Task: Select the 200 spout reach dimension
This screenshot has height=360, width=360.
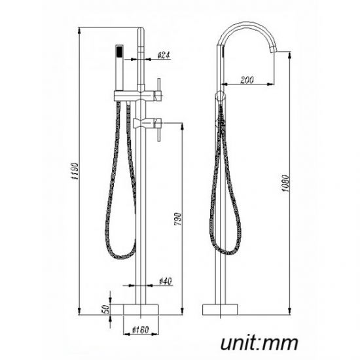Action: (247, 80)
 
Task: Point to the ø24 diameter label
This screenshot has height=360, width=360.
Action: (164, 56)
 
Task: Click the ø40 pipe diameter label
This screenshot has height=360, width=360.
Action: (166, 281)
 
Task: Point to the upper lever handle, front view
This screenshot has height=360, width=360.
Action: (158, 88)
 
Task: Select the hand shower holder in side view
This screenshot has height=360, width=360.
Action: (221, 97)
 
